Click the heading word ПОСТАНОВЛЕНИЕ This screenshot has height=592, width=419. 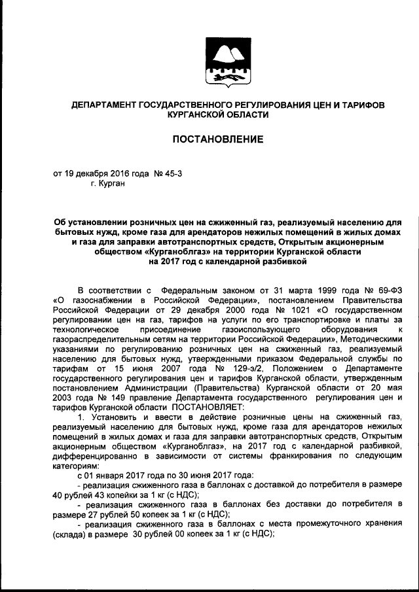tap(218, 139)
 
